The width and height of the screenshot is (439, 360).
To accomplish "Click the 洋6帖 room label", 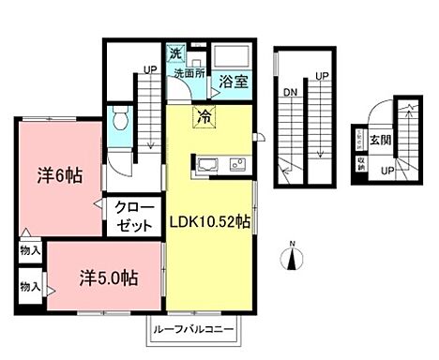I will point(57,174).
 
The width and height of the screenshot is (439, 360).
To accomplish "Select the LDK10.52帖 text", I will point(209,222).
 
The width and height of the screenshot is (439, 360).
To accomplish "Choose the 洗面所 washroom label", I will point(189,73).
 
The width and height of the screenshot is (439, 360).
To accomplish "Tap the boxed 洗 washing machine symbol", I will point(174,54).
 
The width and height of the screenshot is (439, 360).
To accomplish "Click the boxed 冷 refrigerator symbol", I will point(204,117).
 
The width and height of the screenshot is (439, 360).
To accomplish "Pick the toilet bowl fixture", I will point(118,119).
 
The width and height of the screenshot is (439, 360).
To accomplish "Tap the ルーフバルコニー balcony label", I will point(195,331).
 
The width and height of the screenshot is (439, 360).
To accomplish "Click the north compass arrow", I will point(293,257).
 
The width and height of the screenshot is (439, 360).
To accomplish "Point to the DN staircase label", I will point(289,92).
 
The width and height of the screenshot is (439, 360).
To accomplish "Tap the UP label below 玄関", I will point(386,171).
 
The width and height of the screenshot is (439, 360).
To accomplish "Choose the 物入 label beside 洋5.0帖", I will point(30,285).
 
